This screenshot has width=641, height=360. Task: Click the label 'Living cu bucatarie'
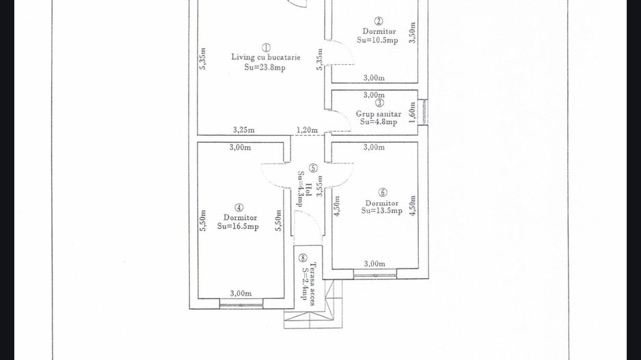[x=266, y=57]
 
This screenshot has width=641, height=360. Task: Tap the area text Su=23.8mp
[x=265, y=68]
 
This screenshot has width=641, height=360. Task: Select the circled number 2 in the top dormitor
[x=379, y=21]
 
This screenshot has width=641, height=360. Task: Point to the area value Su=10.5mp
[x=377, y=40]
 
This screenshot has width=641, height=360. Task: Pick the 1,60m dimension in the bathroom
[x=412, y=113]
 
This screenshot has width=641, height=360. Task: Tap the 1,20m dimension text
[x=307, y=130]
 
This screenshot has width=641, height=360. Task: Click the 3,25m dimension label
[x=244, y=130]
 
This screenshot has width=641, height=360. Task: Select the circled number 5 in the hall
[x=313, y=168]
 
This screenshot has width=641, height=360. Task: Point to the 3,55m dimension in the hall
[x=320, y=186]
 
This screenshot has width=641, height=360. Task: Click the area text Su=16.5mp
[x=238, y=226]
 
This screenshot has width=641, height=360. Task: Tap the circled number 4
[x=239, y=208]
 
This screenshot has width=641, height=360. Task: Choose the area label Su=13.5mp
[x=382, y=211]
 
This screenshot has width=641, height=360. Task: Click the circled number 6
[x=383, y=192]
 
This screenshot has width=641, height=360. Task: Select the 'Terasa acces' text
[x=313, y=284]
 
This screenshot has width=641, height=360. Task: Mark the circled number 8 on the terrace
[x=303, y=258]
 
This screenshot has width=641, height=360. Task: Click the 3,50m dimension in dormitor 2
[x=413, y=33]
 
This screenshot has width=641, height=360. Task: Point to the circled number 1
[x=266, y=48]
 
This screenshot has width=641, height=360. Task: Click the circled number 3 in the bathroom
[x=380, y=103]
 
